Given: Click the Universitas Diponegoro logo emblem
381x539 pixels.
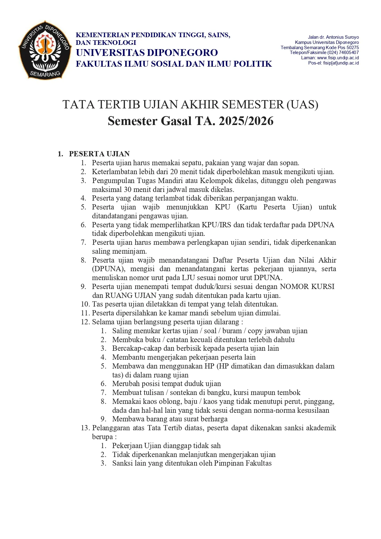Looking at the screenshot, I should (x=45, y=50).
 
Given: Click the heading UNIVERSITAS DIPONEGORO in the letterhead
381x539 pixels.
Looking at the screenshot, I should (x=147, y=53).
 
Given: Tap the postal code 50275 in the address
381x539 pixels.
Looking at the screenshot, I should (x=352, y=48).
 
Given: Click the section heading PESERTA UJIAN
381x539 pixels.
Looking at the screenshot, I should (x=99, y=154).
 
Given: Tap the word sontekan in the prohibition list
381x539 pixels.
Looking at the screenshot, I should (x=184, y=393).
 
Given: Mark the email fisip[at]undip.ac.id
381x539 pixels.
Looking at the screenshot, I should (x=341, y=63).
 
